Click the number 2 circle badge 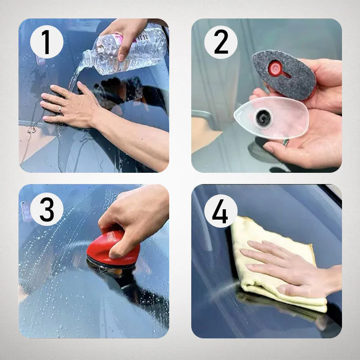pos(220,43)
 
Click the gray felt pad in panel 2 pos(283,74)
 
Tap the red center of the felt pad pos(275,69)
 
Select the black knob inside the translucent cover pos(263,118)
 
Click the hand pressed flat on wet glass pos(72,106)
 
